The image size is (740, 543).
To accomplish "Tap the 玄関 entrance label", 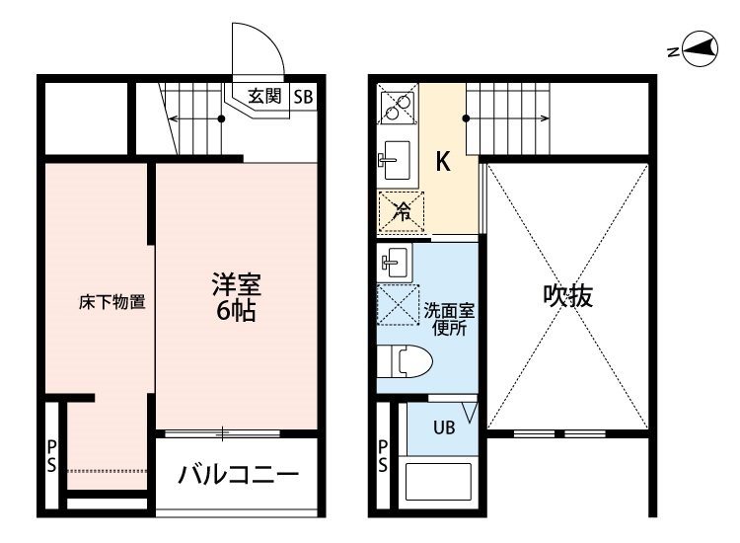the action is (x=264, y=96).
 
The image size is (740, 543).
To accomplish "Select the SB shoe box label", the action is (x=303, y=97).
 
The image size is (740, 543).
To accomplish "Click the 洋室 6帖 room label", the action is (x=236, y=297).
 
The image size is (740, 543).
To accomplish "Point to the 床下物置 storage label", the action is (x=111, y=302).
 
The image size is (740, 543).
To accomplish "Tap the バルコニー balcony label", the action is (x=239, y=474).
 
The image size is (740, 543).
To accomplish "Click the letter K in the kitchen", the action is (x=443, y=162).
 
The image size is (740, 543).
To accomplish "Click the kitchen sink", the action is (x=395, y=160).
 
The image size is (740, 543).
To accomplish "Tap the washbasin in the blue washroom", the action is (x=394, y=262).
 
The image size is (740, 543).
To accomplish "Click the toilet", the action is (x=405, y=361).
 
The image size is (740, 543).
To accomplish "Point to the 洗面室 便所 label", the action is (x=449, y=319).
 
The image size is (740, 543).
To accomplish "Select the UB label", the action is (x=444, y=427).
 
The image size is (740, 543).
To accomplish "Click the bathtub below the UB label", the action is (x=438, y=482).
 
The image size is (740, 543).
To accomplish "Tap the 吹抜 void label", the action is (x=567, y=296).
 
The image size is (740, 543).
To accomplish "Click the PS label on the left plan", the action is (x=51, y=456).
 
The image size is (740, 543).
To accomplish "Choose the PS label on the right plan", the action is (x=383, y=456).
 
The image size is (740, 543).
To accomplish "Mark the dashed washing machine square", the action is (x=398, y=304).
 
